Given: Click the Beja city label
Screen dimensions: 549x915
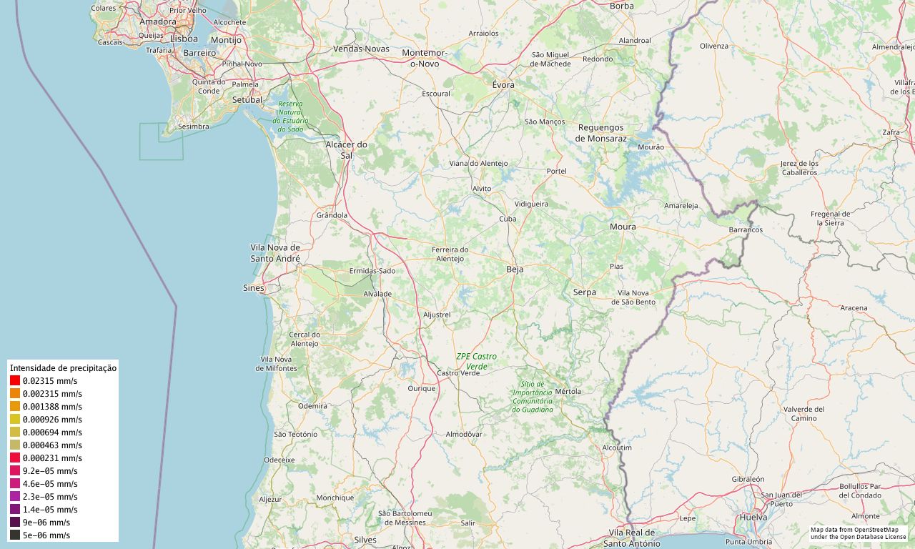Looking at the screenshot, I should [x=515, y=269].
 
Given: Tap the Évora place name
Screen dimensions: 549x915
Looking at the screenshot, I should [x=503, y=84].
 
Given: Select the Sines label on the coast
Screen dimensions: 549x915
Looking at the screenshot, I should [x=254, y=288].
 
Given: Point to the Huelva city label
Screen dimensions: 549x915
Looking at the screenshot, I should [x=754, y=517].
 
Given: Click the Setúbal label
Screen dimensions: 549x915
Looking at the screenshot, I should [x=247, y=100].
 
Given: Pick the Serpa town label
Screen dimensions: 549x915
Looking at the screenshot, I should [x=584, y=292].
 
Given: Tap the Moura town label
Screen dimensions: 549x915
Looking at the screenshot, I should [x=623, y=227].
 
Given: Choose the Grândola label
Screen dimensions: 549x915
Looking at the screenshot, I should [x=332, y=214].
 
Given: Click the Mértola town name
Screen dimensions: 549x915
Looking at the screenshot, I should [x=568, y=391].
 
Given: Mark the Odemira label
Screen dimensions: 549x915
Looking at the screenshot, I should [x=312, y=405].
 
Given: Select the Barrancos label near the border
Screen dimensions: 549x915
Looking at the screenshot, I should [x=746, y=230].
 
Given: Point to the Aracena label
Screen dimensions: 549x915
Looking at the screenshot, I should [x=854, y=308].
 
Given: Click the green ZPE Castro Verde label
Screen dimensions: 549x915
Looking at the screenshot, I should [x=476, y=361].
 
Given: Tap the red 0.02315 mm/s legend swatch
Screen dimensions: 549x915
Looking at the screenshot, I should [x=15, y=381].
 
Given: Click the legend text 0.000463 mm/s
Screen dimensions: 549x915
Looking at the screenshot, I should [x=52, y=445].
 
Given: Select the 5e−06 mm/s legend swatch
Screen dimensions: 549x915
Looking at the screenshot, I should [x=15, y=535].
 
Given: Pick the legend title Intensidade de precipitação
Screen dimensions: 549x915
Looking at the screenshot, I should [x=63, y=368].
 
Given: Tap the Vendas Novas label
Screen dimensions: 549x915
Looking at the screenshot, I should [x=361, y=49].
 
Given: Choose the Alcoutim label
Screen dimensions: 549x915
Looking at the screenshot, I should [x=617, y=447].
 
